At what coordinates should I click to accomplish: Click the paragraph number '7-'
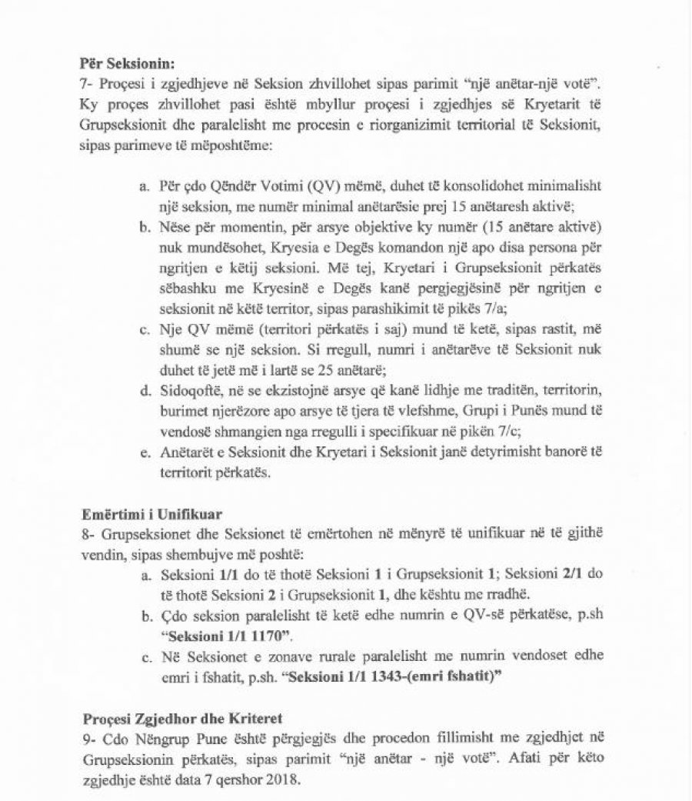point(88,82)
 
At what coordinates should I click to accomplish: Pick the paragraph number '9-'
point(88,739)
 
